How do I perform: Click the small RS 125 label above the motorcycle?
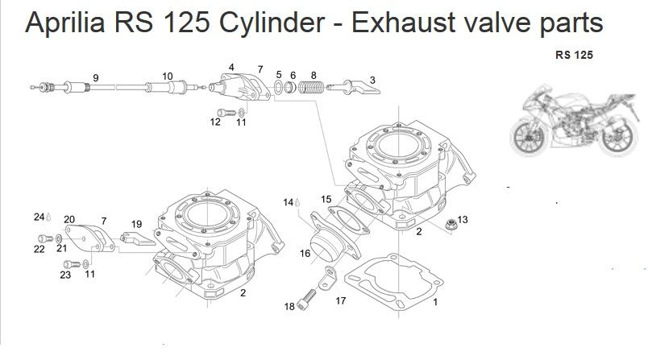pos(574,55)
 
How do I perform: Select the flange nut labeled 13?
pos(451,225)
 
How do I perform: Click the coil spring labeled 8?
pos(312,88)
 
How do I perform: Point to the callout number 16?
pos(305,254)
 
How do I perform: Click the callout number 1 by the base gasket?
pos(435,302)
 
